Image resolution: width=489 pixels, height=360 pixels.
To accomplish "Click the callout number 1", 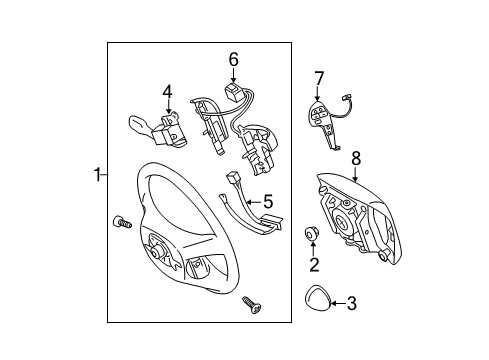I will [97, 176].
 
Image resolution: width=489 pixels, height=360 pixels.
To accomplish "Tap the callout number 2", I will [313, 265].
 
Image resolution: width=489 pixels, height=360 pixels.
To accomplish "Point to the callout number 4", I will [167, 93].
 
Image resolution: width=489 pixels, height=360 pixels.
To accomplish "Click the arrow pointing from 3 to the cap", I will [335, 301].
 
